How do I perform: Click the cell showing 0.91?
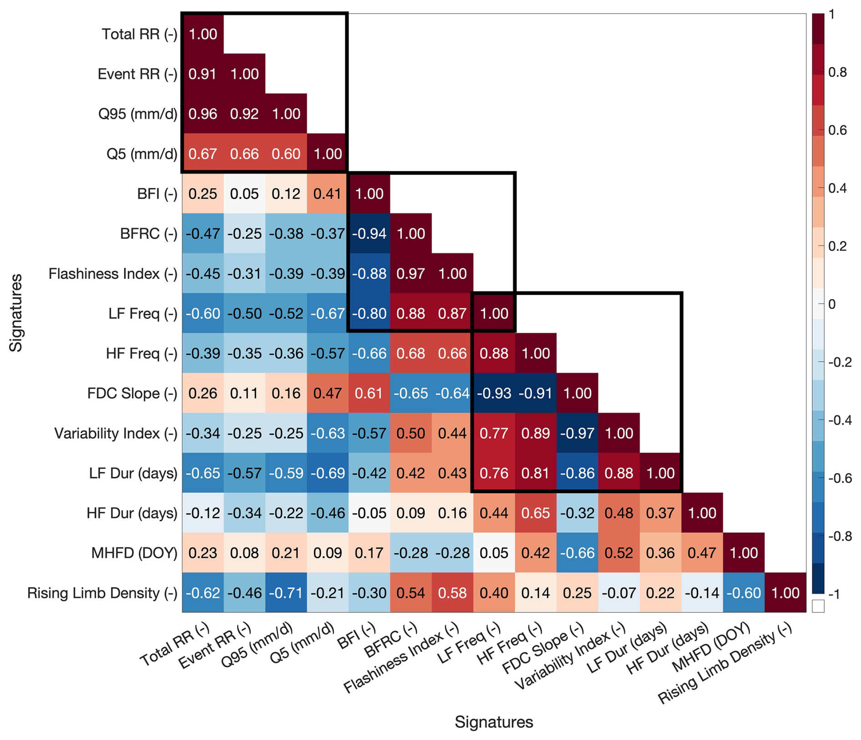pos(203,74)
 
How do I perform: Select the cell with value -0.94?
pos(369,234)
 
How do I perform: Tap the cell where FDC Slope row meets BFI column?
pos(369,393)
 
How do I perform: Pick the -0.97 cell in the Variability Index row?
pos(577,433)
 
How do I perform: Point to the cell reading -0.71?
pos(286,592)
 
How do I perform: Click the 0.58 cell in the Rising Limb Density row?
pos(452,592)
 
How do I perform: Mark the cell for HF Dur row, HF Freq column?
pos(536,513)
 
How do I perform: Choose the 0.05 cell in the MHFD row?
pos(494,553)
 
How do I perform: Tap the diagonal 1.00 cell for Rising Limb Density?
pos(785,592)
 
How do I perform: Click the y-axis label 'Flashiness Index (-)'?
pos(113,274)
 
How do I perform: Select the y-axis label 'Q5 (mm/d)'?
pos(142,154)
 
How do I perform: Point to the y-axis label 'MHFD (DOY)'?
pos(134,553)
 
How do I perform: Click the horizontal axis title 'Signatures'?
pos(494,722)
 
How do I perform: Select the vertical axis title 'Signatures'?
pos(16,312)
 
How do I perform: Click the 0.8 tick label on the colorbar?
pos(838,72)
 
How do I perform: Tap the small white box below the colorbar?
pos(818,606)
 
